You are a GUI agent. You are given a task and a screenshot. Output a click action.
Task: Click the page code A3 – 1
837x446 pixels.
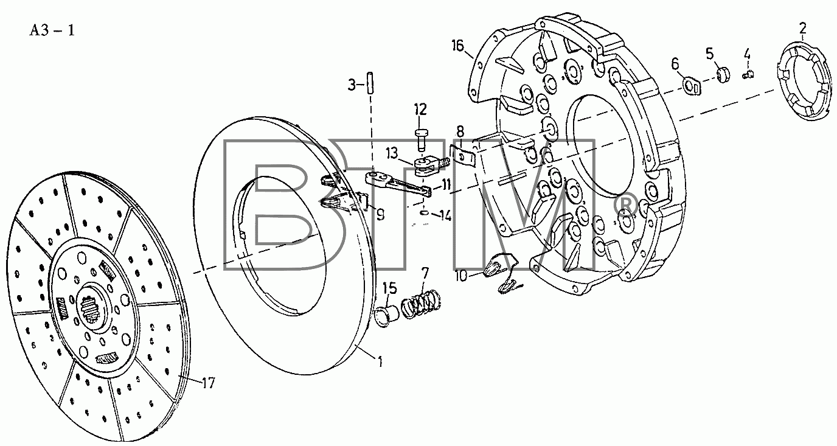coord(52,30)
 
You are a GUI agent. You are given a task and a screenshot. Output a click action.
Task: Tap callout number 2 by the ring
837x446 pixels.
coord(803,29)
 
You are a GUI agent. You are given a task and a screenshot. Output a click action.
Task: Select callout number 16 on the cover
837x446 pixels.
coord(457,46)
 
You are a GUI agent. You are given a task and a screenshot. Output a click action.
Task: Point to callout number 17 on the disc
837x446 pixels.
coord(209,383)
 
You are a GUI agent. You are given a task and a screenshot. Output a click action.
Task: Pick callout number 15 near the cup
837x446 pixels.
coord(390,288)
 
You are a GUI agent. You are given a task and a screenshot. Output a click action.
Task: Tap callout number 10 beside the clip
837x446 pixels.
coord(461,276)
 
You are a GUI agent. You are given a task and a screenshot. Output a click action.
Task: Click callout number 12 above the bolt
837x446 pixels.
coord(420,110)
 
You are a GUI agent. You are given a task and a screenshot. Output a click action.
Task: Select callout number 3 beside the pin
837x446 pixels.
coord(352,85)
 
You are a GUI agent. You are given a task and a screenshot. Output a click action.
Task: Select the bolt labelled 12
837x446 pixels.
coord(421,141)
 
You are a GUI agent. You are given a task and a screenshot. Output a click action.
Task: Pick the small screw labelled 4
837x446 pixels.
coord(748,74)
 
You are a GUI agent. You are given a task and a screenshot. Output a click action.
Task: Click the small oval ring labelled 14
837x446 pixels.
coord(425,213)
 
